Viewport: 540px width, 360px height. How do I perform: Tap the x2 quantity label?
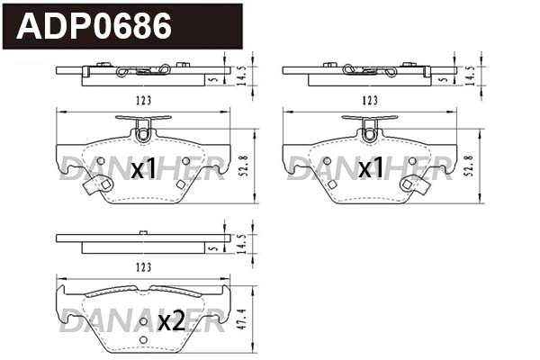tap(171, 320)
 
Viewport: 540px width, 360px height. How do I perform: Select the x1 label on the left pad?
tap(144, 168)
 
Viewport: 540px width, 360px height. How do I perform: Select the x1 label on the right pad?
tap(371, 168)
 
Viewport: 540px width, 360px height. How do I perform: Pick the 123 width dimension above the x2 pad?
tap(141, 268)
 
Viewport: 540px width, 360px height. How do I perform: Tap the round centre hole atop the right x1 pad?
tap(369, 135)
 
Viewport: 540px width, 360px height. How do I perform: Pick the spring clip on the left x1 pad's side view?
tap(144, 69)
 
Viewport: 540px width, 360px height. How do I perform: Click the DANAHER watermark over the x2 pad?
tap(141, 322)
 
